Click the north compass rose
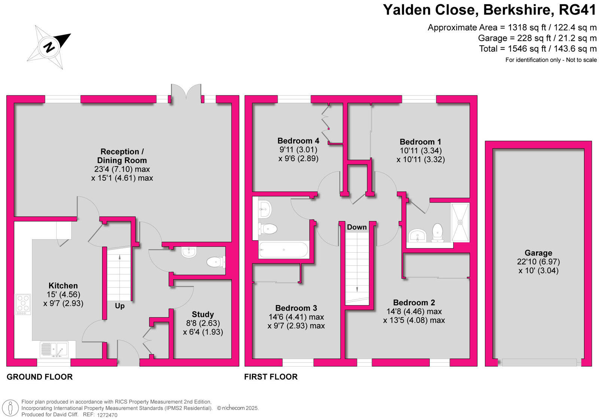pyautogui.click(x=49, y=47)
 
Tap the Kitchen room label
pyautogui.click(x=63, y=286)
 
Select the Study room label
pyautogui.click(x=203, y=314)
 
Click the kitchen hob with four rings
pyautogui.click(x=23, y=304)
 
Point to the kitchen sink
pyautogui.click(x=54, y=350)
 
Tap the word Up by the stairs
pyautogui.click(x=120, y=306)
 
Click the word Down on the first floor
pyautogui.click(x=357, y=227)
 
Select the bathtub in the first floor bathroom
pyautogui.click(x=283, y=250)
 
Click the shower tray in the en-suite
pyautogui.click(x=460, y=223)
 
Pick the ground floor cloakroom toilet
pyautogui.click(x=216, y=262)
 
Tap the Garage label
pyautogui.click(x=538, y=253)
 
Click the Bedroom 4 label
pyautogui.click(x=298, y=141)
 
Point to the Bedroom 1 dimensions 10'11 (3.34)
pyautogui.click(x=421, y=151)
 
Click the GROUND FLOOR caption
pyautogui.click(x=40, y=377)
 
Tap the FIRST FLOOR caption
pyautogui.click(x=271, y=377)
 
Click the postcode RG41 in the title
pyautogui.click(x=577, y=10)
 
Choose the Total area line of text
pyautogui.click(x=538, y=49)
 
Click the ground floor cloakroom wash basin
pyautogui.click(x=189, y=252)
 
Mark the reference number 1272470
pyautogui.click(x=107, y=415)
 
